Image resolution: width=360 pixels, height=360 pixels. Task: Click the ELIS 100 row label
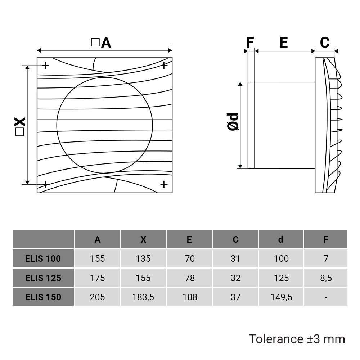pyautogui.click(x=43, y=258)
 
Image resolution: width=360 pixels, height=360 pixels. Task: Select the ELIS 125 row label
pyautogui.click(x=43, y=278)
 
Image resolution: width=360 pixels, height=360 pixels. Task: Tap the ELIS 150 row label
pyautogui.click(x=43, y=297)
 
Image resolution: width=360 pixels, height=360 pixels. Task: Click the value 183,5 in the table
pyautogui.click(x=143, y=297)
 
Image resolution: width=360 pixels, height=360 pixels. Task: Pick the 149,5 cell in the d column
pyautogui.click(x=281, y=297)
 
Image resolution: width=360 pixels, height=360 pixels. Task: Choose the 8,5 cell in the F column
pyautogui.click(x=326, y=278)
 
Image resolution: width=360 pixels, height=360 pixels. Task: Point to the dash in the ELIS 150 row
pyautogui.click(x=326, y=297)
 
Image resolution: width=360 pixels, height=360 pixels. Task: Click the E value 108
pyautogui.click(x=189, y=297)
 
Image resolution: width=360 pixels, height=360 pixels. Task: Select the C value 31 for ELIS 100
pyautogui.click(x=235, y=258)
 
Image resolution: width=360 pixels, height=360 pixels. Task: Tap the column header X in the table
pyautogui.click(x=143, y=240)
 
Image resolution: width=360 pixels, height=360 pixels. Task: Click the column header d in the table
pyautogui.click(x=281, y=240)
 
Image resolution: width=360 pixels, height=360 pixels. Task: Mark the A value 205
pyautogui.click(x=98, y=297)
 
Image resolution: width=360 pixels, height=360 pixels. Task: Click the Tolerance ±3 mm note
pyautogui.click(x=297, y=339)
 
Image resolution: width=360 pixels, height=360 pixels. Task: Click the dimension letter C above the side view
pyautogui.click(x=325, y=42)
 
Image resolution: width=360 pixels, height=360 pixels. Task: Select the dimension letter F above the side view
pyautogui.click(x=250, y=42)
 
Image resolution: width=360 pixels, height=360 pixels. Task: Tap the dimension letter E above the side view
pyautogui.click(x=284, y=42)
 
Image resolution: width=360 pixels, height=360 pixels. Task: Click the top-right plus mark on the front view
pyautogui.click(x=164, y=65)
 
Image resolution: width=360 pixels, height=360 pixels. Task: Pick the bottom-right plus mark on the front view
pyautogui.click(x=164, y=184)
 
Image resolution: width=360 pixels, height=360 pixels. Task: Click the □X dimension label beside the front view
pyautogui.click(x=20, y=126)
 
